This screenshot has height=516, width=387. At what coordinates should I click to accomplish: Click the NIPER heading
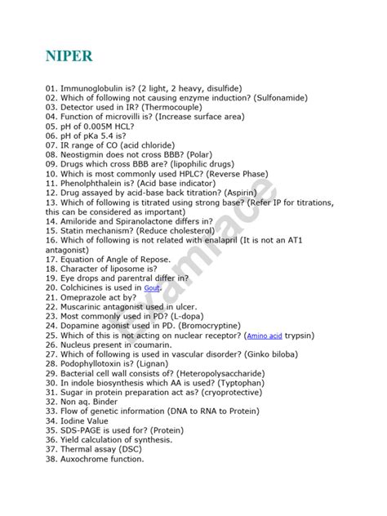click(69, 56)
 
